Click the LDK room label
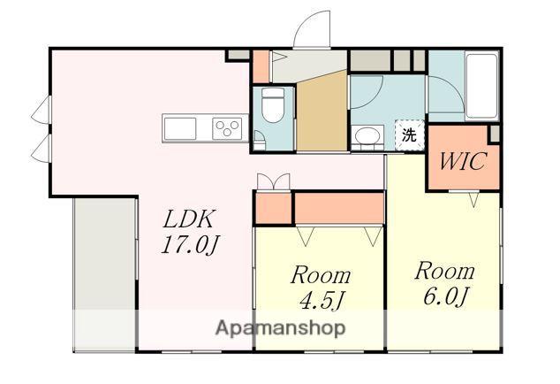click(189, 219)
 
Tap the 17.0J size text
click(191, 245)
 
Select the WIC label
click(463, 161)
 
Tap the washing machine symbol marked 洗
click(409, 134)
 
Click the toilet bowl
click(273, 105)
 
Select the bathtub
click(482, 85)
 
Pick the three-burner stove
click(227, 128)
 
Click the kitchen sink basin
click(180, 128)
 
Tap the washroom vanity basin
click(367, 136)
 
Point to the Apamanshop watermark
click(280, 327)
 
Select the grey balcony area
click(104, 274)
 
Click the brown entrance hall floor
click(322, 114)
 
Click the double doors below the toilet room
click(274, 181)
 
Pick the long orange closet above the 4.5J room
click(338, 208)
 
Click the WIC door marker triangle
click(474, 200)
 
